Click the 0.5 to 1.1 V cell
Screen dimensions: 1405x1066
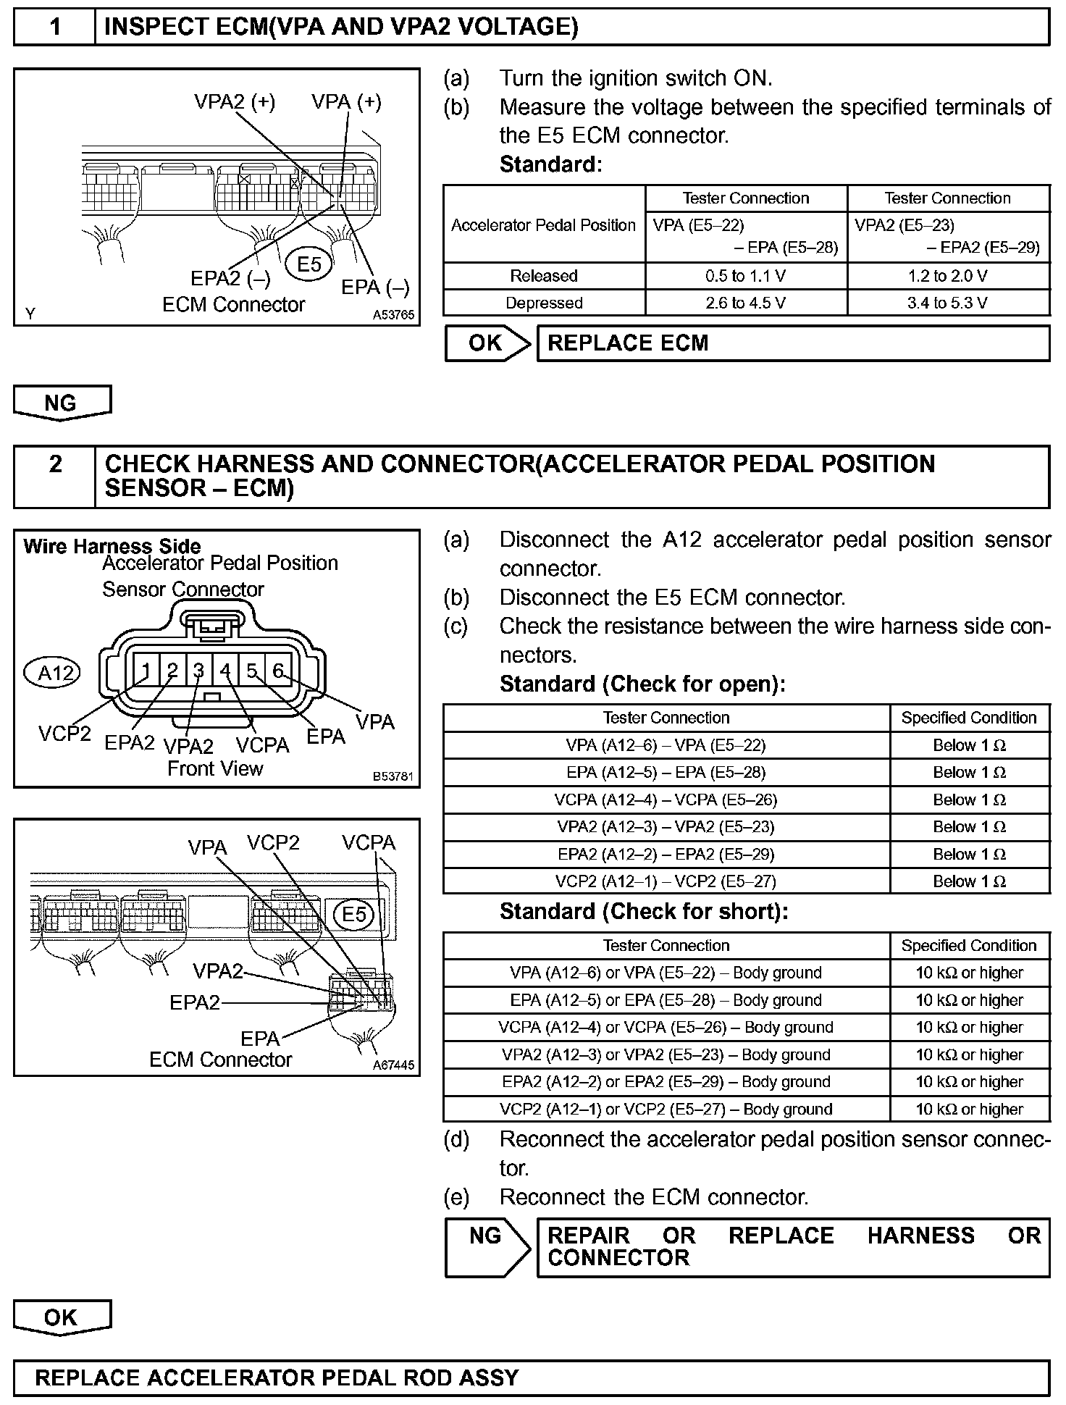(745, 276)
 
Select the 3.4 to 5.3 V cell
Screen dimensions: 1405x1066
(947, 303)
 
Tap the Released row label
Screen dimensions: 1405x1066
(543, 276)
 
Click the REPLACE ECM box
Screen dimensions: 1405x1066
(792, 343)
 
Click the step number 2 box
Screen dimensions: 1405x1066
(55, 476)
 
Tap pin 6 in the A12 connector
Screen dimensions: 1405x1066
(278, 671)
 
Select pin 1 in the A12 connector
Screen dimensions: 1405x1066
(146, 671)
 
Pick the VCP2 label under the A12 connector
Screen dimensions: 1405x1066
(64, 734)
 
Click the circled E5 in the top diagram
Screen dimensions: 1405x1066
(309, 264)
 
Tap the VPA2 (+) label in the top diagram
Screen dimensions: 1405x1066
(235, 102)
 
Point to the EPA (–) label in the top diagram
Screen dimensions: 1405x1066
(375, 288)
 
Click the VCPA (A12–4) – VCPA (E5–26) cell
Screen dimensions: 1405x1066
(666, 800)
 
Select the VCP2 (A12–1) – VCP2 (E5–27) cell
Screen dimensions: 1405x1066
(666, 881)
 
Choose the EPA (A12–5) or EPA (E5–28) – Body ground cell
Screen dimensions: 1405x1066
(666, 1000)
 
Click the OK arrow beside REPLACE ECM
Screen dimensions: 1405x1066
(487, 343)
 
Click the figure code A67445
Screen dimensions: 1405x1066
(393, 1065)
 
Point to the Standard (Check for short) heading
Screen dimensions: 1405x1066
(643, 911)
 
